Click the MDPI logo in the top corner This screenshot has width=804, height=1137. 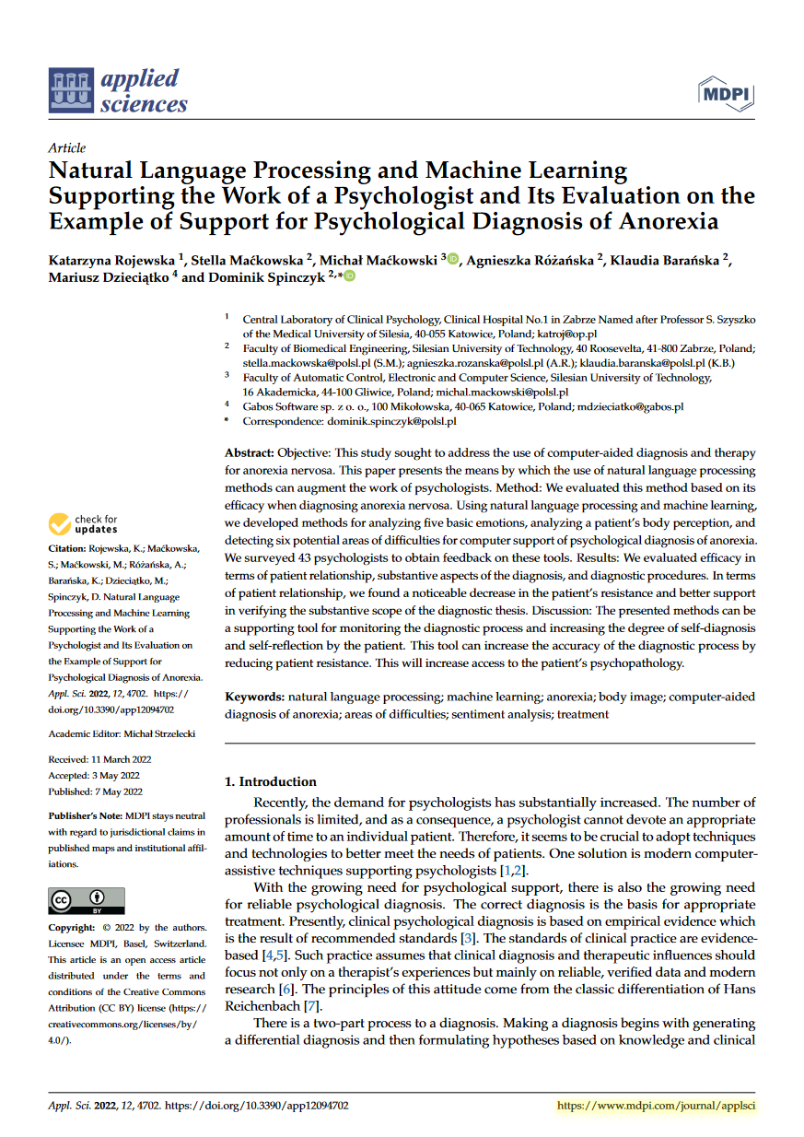point(726,94)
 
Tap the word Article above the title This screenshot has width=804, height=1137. point(66,147)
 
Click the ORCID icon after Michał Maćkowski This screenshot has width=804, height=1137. point(453,261)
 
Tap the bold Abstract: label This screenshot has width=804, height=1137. point(249,453)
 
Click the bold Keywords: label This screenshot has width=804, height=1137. point(255,697)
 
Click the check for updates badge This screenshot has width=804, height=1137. point(84,524)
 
